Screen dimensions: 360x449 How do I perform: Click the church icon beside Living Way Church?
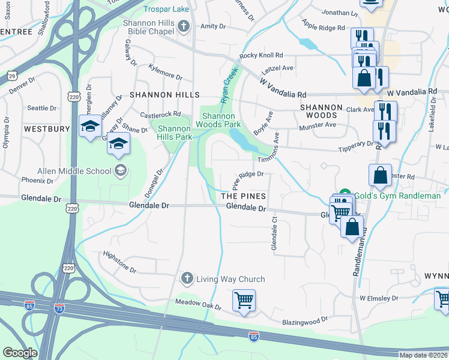186,278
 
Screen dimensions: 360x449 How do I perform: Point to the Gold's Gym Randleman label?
397,196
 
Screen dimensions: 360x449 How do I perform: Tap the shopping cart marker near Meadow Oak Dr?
244,300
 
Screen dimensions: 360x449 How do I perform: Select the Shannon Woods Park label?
221,120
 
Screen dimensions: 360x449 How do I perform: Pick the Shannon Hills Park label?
174,133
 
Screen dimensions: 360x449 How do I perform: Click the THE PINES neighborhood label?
243,196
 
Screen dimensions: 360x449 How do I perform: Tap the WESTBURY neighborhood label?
47,129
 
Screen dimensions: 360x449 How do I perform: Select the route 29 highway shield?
12,75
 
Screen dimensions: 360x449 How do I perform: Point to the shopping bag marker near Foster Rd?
380,175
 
